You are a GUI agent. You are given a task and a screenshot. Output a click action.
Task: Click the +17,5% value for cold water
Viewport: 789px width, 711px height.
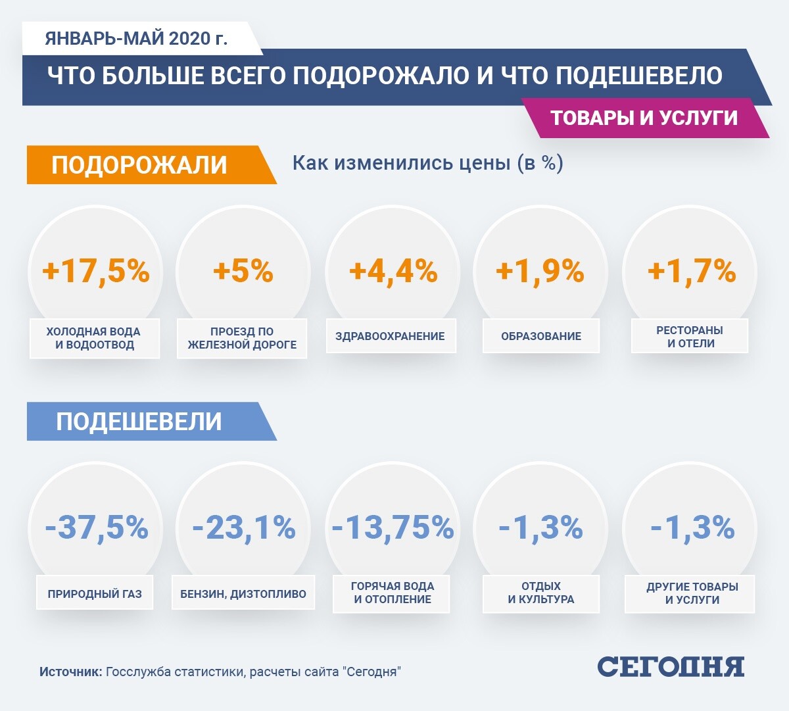[x=96, y=271]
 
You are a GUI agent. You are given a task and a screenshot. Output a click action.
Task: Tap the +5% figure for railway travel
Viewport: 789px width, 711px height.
[x=243, y=271]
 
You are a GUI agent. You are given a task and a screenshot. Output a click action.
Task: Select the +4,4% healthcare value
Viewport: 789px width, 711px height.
[x=393, y=271]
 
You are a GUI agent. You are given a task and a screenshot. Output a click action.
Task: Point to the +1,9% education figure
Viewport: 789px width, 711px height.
[x=540, y=271]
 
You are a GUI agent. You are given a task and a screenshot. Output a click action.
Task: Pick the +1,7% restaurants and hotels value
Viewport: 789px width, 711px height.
[x=692, y=271]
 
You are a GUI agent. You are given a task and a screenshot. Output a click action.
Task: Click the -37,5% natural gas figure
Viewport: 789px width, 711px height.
[x=97, y=527]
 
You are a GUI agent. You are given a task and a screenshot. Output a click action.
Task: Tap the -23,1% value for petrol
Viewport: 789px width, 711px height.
[x=244, y=527]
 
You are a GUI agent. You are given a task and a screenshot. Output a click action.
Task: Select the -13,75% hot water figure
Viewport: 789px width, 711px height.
[x=393, y=527]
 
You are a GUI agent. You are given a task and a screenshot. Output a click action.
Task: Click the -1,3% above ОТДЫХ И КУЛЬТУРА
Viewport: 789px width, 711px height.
[x=541, y=527]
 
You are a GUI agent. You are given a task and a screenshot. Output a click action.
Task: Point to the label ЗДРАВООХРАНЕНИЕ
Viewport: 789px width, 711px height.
[x=391, y=336]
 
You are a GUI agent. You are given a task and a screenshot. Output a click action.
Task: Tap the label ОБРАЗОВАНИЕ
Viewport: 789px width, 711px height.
[x=541, y=336]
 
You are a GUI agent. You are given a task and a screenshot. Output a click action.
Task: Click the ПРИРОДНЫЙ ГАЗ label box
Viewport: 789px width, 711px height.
[x=95, y=594]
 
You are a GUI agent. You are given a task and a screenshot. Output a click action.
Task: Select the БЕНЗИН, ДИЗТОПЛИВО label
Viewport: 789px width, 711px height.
[x=243, y=594]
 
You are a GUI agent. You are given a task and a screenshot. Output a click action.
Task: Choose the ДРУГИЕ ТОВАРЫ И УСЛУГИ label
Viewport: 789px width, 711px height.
[x=692, y=593]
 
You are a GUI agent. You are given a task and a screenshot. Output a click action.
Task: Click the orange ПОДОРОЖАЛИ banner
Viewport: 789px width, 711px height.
[x=140, y=164]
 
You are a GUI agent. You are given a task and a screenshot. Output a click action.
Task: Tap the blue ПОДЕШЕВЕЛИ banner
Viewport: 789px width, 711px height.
[x=139, y=422]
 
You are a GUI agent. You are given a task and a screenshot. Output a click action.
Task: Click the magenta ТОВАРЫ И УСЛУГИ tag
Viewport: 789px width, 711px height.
[x=644, y=118]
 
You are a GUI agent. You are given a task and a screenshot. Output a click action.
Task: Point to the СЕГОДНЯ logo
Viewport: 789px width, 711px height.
[x=671, y=667]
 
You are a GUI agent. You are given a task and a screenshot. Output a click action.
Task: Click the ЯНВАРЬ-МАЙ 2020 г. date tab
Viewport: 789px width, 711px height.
[x=136, y=39]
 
